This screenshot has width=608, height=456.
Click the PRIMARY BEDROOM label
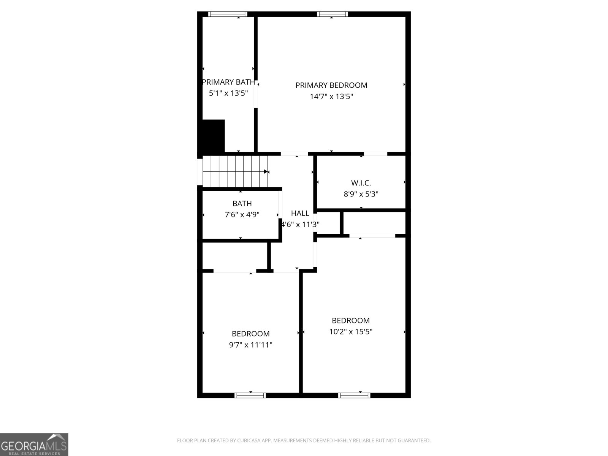click(x=331, y=85)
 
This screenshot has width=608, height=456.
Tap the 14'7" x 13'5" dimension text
click(x=331, y=97)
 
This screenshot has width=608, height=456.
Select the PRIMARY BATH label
click(x=228, y=82)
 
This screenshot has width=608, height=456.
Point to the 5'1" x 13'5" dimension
click(x=228, y=93)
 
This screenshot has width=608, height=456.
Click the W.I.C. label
click(x=361, y=183)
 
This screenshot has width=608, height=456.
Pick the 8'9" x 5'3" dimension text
click(x=361, y=194)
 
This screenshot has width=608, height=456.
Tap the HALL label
click(x=300, y=213)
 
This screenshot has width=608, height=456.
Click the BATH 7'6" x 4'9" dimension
click(x=242, y=215)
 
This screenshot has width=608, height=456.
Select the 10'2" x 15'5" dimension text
click(x=350, y=332)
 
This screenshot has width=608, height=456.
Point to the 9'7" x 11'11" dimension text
click(x=250, y=345)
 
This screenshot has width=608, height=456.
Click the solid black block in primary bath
click(x=213, y=136)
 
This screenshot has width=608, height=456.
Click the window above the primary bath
click(x=228, y=14)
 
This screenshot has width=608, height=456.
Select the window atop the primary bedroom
click(x=332, y=14)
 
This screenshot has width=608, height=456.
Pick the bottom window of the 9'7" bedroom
click(x=250, y=396)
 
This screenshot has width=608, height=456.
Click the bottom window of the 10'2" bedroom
click(x=354, y=396)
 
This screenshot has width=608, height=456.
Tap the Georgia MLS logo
click(x=34, y=444)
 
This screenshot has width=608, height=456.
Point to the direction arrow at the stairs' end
click(x=266, y=172)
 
